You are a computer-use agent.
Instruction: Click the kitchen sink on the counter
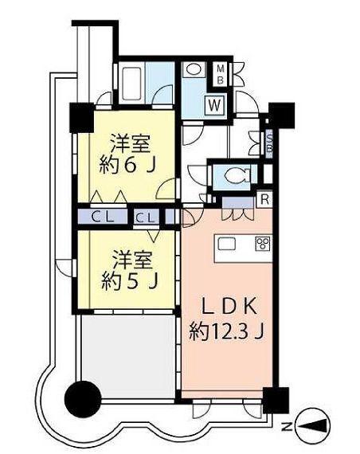tap(225, 245)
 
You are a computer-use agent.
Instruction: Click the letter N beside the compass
tap(288, 429)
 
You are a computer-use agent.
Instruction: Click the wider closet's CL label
tap(100, 216)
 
